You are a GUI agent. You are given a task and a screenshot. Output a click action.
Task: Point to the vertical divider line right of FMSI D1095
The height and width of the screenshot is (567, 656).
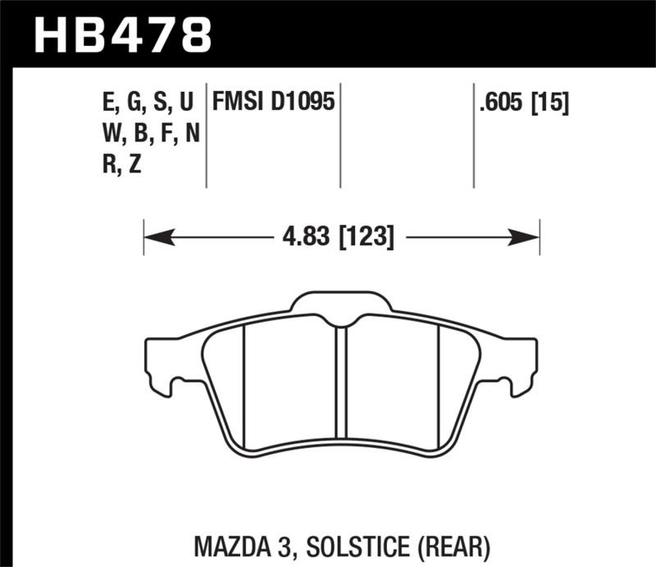tap(339, 135)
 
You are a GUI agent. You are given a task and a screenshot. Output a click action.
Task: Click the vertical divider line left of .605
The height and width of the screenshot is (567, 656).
tap(474, 135)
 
